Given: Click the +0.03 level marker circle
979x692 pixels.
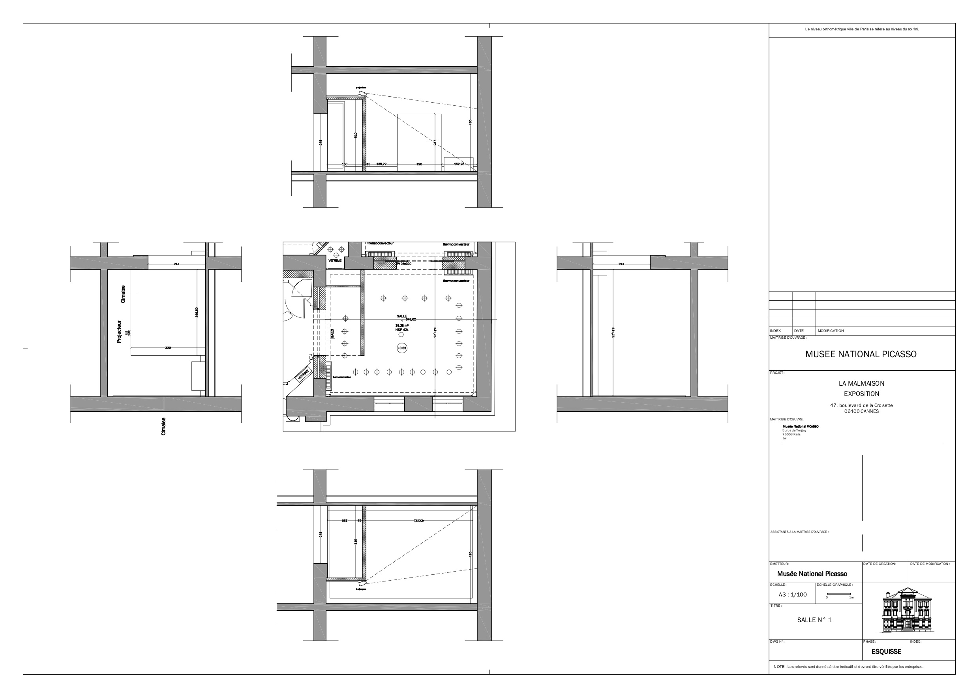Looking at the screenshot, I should pos(401,348).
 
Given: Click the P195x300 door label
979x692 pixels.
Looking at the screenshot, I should pos(404,264).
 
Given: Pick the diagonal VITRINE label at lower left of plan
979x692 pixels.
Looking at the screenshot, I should pos(303,375).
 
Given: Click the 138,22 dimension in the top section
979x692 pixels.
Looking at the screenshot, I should pos(381,164).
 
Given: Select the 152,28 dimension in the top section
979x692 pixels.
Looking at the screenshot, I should pos(459,164).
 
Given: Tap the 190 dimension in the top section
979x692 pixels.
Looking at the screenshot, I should pos(419,164).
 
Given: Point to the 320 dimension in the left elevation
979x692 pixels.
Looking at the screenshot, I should pos(168,348).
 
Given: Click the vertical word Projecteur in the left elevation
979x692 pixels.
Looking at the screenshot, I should pos(119,332).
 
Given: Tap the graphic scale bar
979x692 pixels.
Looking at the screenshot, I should pos(839,594).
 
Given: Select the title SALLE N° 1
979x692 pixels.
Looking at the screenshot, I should pos(814,620).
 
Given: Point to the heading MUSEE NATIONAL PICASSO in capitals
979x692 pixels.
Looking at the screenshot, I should pos(861,354).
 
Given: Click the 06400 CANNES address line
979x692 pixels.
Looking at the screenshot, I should pos(861,411).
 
